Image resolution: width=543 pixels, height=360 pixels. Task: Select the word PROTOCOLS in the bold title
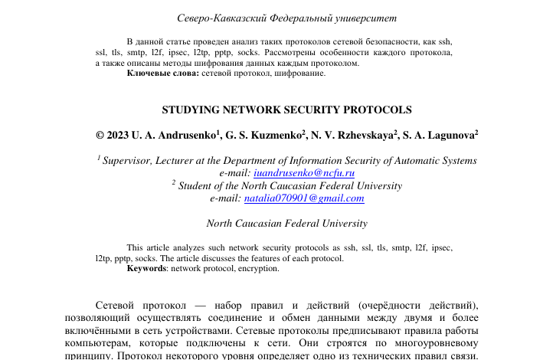377,110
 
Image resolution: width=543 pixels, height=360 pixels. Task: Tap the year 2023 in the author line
119,136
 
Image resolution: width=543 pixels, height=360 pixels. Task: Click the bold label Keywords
146,269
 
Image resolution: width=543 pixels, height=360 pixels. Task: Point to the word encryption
258,269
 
